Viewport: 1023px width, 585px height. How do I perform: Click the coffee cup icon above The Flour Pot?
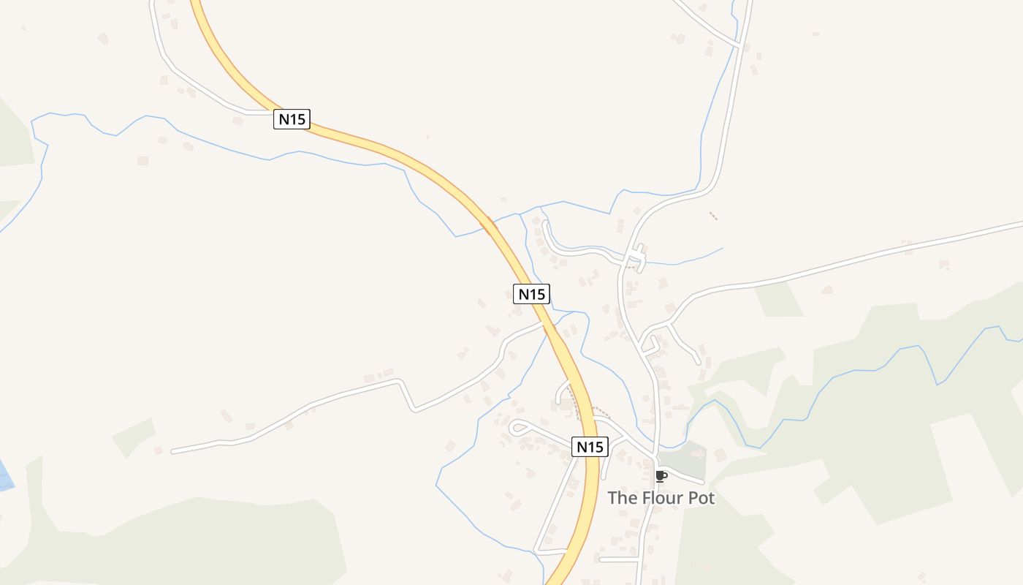pos(661,477)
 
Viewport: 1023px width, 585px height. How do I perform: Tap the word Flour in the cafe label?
pos(661,498)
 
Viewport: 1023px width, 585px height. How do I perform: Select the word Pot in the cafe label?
pos(699,498)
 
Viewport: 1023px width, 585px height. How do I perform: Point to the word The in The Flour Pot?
pos(623,498)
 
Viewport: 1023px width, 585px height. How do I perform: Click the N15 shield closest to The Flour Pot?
pos(590,447)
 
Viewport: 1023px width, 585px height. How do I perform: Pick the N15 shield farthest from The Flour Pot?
pos(292,119)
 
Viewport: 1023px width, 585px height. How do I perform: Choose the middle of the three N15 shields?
pos(531,294)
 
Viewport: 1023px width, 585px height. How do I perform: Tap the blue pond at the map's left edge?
pos(4,476)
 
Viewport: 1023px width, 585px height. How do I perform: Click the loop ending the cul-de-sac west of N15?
pos(518,428)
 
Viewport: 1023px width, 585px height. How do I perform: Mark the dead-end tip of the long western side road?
pos(173,452)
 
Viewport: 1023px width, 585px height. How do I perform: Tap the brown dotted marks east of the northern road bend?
pos(713,216)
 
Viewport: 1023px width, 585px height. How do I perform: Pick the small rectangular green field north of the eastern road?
pos(779,299)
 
